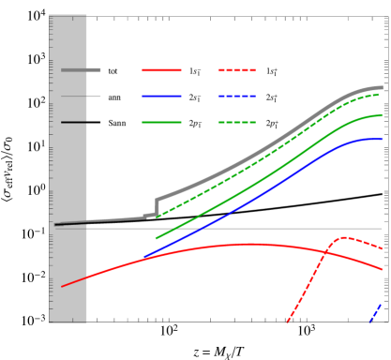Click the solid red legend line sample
coord(161,70)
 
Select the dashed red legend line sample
coord(237,70)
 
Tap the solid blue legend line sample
coord(161,96)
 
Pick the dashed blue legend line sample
coord(237,96)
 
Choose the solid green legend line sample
coord(161,122)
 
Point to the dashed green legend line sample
coord(237,122)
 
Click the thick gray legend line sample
coord(81,69)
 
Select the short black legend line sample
coord(74,122)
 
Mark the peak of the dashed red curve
coord(343,237)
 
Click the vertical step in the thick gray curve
coord(157,206)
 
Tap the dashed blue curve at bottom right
coord(376,312)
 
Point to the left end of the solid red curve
coord(63,286)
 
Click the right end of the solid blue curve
coord(382,139)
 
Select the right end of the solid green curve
coord(382,115)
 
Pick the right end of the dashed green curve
coord(379,94)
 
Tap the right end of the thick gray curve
coord(382,87)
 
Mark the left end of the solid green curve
coord(157,238)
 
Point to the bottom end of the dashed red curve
coord(287,322)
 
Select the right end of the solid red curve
coord(382,269)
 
